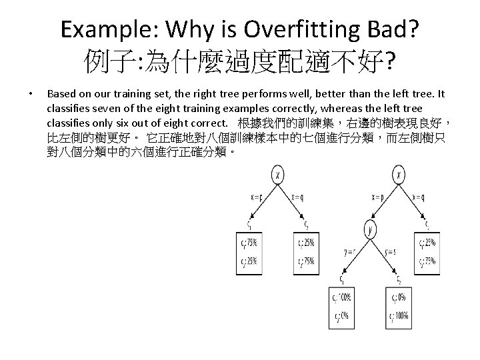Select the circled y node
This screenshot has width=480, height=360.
(370, 230)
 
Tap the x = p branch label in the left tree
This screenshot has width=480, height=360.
(256, 197)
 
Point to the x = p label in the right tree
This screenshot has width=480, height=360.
(379, 197)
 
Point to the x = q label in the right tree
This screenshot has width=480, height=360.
(421, 197)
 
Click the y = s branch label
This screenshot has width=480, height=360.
(391, 251)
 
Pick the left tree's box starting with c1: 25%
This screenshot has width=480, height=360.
(307, 251)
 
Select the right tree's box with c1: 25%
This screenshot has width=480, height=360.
(427, 251)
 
